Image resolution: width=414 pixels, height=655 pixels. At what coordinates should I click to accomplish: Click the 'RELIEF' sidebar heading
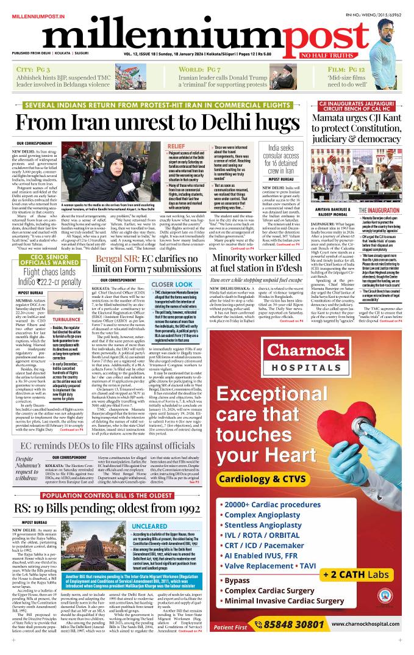pyautogui.click(x=176, y=147)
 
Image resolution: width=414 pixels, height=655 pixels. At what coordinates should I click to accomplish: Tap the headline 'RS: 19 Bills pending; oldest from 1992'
pyautogui.click(x=116, y=508)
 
